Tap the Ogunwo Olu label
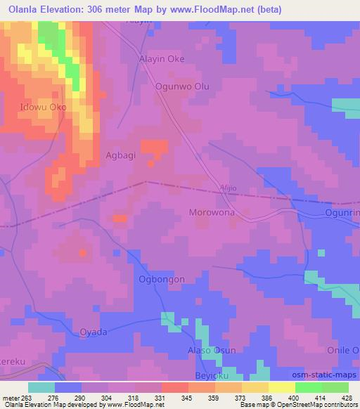click(182, 87)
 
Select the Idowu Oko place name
click(44, 107)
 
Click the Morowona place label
click(212, 212)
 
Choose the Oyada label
click(94, 332)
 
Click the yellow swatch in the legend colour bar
click(282, 387)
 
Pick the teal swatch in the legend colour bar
click(41, 387)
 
